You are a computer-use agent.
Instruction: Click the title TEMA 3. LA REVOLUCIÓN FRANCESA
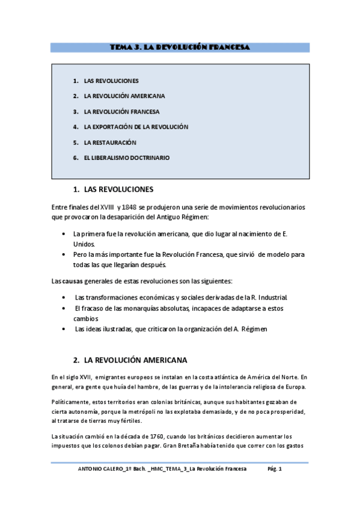[x=180, y=47]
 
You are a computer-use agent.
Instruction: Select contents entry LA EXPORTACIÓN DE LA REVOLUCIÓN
[x=136, y=127]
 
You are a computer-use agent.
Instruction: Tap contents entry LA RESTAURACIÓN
[x=110, y=143]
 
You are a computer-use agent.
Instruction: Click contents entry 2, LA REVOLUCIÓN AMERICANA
[x=124, y=96]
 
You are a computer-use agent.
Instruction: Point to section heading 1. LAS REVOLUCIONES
[x=112, y=188]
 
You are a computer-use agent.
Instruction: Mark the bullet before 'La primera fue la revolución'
[x=64, y=234]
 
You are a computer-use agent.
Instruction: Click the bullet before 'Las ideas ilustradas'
[x=64, y=329]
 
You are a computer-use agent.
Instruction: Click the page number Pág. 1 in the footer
[x=275, y=469]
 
